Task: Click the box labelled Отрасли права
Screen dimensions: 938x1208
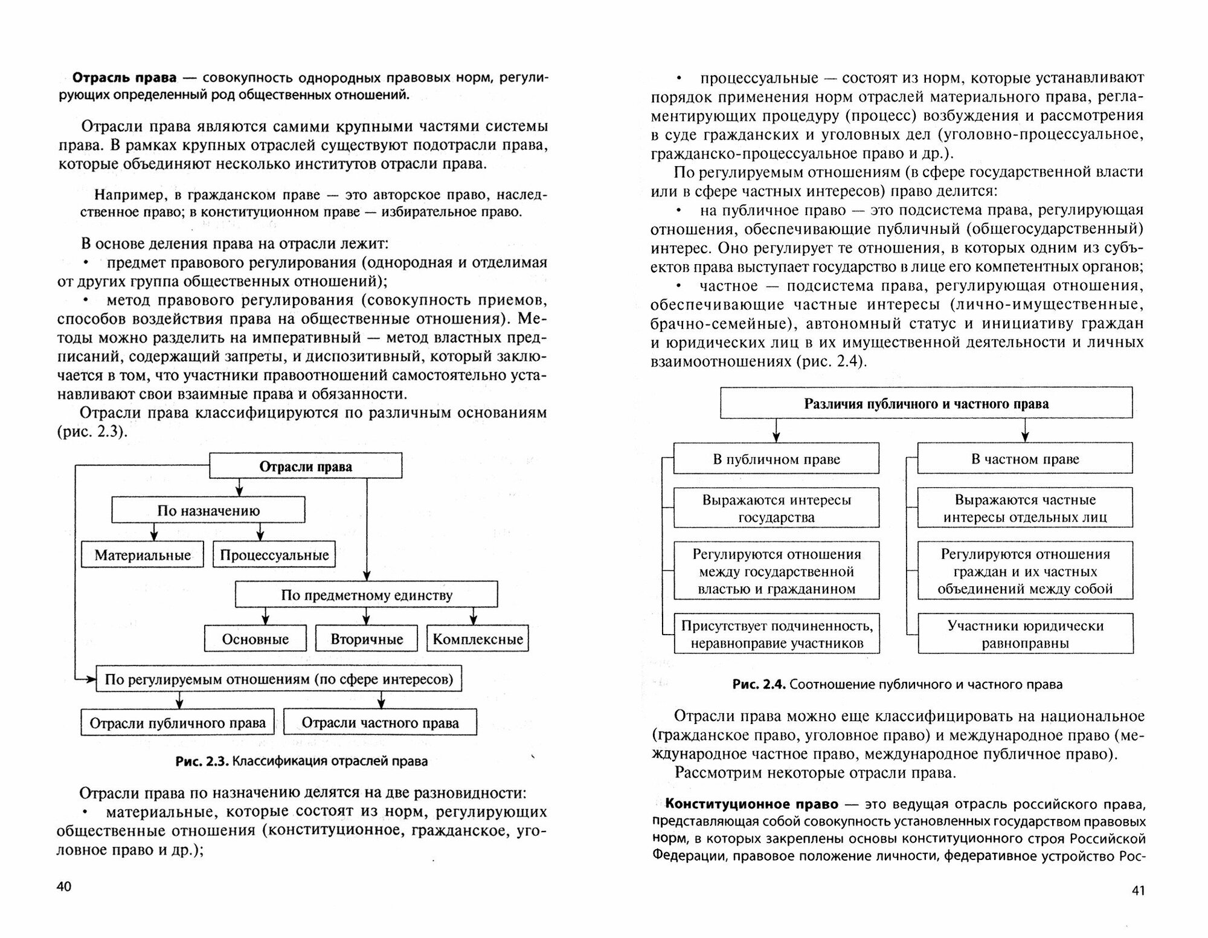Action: tap(305, 466)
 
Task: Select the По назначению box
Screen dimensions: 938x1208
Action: tap(208, 510)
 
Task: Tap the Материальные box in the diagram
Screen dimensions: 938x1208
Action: tap(143, 554)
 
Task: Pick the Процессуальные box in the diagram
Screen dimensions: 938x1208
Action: tap(274, 554)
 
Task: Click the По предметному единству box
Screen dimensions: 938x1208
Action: tap(366, 595)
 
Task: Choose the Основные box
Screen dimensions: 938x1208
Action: tap(255, 639)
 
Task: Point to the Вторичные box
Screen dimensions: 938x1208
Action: tap(367, 639)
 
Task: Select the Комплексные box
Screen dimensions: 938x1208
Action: tap(478, 639)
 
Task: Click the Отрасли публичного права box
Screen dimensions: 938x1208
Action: tap(178, 722)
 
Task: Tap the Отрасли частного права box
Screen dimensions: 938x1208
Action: tap(380, 722)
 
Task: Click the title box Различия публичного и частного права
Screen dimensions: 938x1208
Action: tap(926, 403)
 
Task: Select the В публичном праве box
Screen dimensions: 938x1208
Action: tap(776, 459)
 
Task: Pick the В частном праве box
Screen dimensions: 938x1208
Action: tap(1025, 459)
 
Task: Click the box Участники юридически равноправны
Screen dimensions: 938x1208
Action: tap(1025, 633)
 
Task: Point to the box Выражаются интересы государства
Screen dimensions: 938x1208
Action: tap(776, 508)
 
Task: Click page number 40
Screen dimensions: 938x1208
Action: tap(64, 887)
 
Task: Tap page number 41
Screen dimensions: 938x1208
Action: tap(1137, 890)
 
